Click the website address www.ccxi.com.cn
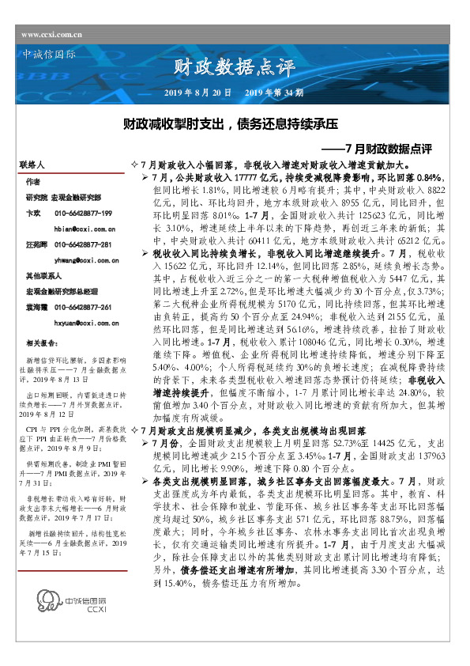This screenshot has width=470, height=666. coord(51,34)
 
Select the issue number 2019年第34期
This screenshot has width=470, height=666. coord(275,93)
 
